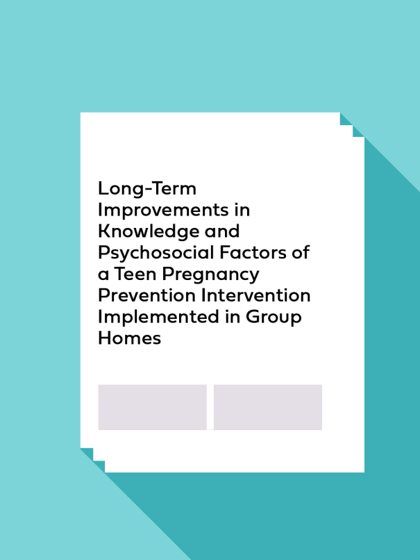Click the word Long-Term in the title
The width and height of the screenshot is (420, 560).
point(147,188)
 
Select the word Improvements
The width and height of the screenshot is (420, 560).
point(163,210)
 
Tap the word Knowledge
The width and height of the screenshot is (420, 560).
point(148,231)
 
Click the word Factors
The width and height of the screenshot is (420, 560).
point(253,252)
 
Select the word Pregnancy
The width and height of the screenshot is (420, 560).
point(210,274)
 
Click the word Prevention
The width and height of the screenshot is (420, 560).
point(146,295)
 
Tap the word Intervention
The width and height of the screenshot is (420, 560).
point(255,295)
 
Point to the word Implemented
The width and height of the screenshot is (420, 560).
point(158,317)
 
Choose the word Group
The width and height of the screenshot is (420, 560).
point(274,317)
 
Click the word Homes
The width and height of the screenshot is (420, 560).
point(130,338)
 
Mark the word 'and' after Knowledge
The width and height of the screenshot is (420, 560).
point(221,231)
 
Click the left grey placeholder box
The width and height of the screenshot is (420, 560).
point(152,407)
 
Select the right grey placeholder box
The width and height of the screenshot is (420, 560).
point(268,407)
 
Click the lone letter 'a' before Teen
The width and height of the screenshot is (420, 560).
point(103,275)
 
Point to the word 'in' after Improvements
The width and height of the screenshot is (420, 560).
point(242,210)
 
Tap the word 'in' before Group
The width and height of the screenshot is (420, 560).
point(233,317)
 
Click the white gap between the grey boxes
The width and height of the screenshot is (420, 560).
point(210,407)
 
